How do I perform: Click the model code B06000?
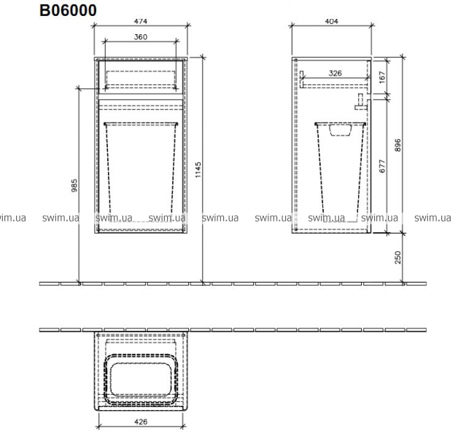click(x=68, y=10)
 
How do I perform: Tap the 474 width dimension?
click(x=141, y=21)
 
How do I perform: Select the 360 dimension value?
click(x=141, y=37)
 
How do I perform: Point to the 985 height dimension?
click(x=74, y=185)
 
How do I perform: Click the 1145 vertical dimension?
click(x=198, y=170)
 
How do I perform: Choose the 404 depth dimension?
click(x=332, y=21)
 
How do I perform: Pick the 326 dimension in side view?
click(x=335, y=74)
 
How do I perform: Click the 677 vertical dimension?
click(x=382, y=166)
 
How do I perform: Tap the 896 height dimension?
click(x=397, y=145)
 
